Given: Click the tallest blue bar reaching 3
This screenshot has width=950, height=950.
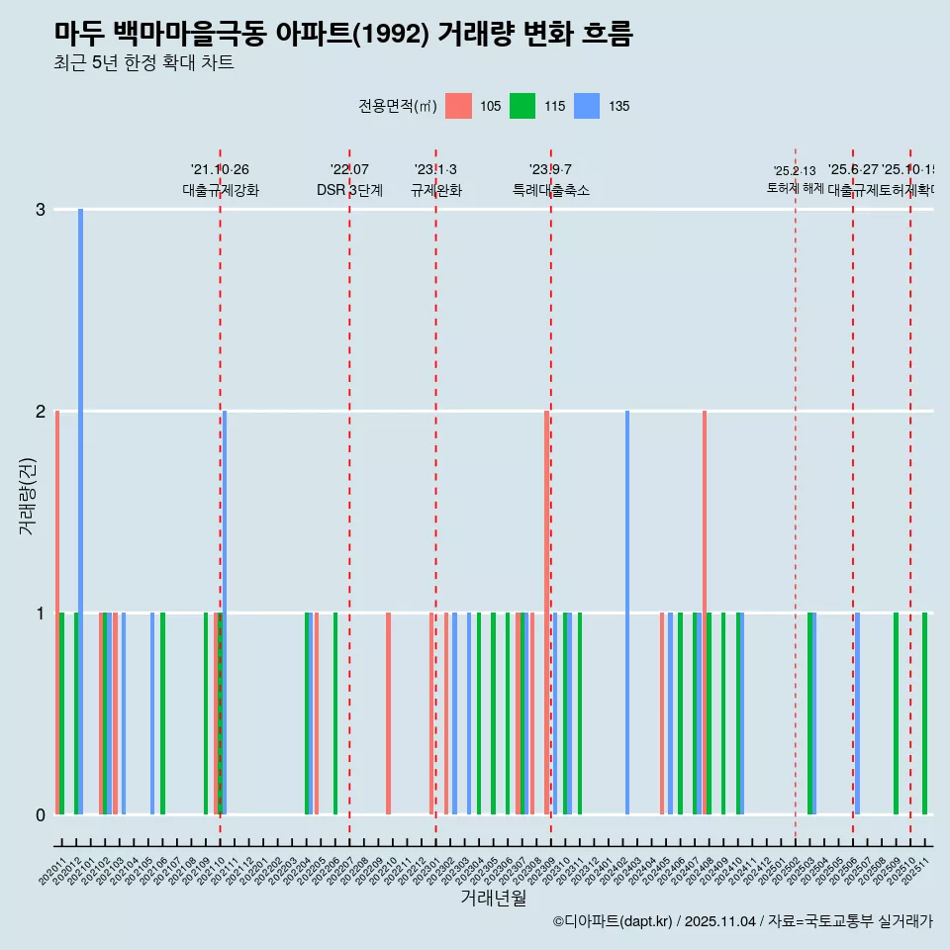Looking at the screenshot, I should pos(81,512).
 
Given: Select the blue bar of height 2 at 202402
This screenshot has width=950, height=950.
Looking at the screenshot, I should pos(627,613).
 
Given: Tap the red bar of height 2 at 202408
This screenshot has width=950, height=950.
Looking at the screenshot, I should pos(705,613).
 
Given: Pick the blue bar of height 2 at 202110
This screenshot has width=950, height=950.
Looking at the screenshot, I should pos(225,613).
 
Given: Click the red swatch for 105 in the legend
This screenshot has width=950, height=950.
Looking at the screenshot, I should pos(458,106).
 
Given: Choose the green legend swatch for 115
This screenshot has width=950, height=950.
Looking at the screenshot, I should pos(522,106).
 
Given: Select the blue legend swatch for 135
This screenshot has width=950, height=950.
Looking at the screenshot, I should pos(587,106).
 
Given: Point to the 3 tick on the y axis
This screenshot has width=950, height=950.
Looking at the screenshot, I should pos(41,209).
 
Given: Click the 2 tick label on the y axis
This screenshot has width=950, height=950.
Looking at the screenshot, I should pos(41,411).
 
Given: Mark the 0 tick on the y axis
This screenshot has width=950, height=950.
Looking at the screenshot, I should pos(41,814).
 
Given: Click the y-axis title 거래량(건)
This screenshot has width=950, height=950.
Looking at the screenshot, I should pos(28,496).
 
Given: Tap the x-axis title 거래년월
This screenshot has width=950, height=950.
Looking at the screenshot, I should pos(493,898).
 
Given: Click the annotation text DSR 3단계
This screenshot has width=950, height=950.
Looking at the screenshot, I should pos(349,190).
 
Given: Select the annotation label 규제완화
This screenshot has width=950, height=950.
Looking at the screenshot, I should pos(435,190).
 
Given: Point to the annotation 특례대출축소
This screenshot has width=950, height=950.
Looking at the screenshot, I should pos(551,190).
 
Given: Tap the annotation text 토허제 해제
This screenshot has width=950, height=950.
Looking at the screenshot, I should pos(795,187).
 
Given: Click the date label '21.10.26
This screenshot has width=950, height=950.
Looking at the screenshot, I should pos(220,170).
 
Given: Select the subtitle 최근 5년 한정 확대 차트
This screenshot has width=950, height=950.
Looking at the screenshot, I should pos(143,64).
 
